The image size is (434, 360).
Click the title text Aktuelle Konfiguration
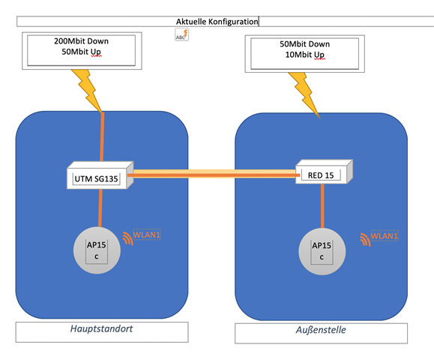coord(217,22)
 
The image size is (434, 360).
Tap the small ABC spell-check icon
coord(181,34)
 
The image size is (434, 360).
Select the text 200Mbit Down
coord(81,41)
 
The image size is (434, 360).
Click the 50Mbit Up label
coord(81,52)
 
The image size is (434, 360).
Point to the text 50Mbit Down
coord(304,44)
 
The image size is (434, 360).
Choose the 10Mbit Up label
coord(304,55)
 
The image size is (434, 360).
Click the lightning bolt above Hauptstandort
coord(87,91)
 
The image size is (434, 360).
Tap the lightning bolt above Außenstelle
coord(304,95)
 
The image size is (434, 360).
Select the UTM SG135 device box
coord(100,175)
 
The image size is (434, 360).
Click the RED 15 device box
coord(324,172)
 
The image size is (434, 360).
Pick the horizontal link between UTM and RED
coord(214,174)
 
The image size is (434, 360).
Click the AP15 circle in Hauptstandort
coord(97,250)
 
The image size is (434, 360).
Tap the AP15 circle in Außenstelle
coord(322,251)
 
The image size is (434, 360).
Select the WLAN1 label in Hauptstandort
coord(147,235)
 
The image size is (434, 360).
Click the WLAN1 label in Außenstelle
coord(385,235)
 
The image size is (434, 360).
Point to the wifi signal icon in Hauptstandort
coord(129,238)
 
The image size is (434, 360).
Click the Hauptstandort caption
coord(102,328)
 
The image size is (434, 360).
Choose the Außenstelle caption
coord(321,330)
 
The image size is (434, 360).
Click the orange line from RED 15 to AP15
coord(322,205)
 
